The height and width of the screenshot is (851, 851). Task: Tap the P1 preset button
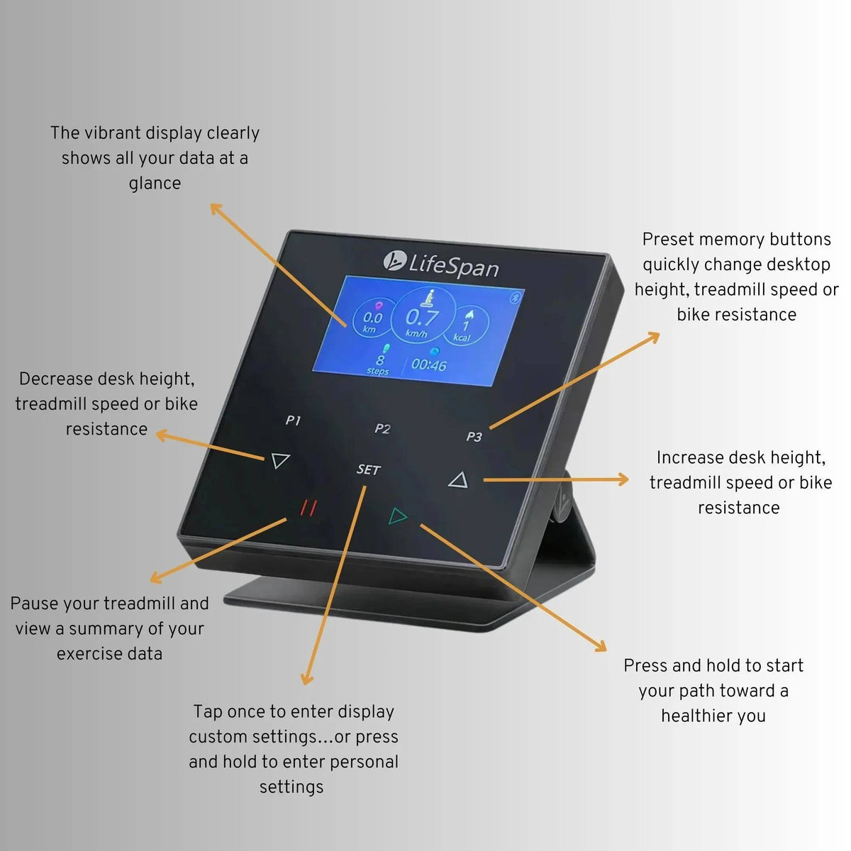(x=293, y=421)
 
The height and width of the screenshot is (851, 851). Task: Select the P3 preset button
(x=474, y=436)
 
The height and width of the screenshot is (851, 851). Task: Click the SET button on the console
(x=369, y=469)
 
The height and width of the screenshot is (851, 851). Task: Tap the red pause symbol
(x=308, y=508)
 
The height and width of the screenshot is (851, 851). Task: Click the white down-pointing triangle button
(x=280, y=461)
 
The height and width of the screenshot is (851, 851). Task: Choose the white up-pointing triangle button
(x=459, y=481)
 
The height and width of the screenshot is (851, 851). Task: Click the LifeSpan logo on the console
(x=441, y=265)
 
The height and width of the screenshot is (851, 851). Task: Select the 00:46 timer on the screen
(x=428, y=365)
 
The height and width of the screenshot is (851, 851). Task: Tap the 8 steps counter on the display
(x=379, y=363)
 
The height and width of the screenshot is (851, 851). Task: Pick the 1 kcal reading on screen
(x=465, y=329)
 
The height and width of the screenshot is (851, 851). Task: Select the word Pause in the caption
(x=34, y=604)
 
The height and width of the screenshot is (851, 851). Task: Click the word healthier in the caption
(x=695, y=716)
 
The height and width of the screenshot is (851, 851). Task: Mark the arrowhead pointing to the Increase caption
(x=623, y=480)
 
